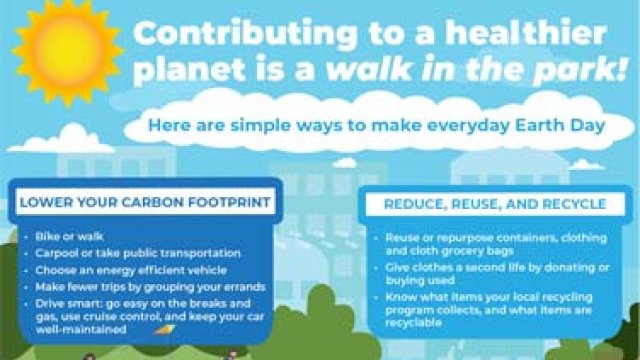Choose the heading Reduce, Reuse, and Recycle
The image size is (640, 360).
[494, 204]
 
